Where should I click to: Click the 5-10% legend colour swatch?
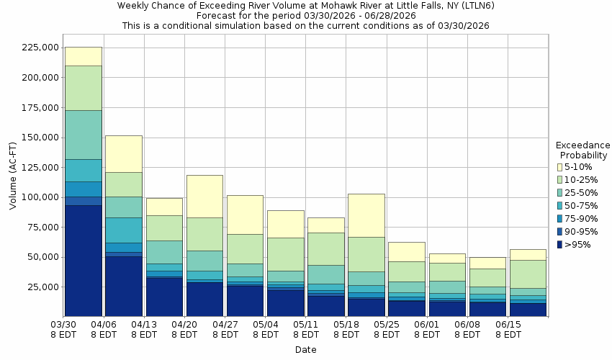click(559, 167)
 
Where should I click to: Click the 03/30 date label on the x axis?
click(64, 329)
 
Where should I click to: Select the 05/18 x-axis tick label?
click(347, 329)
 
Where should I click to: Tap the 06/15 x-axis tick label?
click(508, 329)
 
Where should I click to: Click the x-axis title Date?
click(305, 350)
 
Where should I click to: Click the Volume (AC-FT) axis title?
click(13, 176)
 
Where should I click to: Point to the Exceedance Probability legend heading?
click(583, 150)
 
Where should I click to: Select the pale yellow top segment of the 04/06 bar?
click(123, 153)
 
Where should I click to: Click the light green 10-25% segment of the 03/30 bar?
click(83, 88)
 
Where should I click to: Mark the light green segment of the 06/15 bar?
click(527, 274)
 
